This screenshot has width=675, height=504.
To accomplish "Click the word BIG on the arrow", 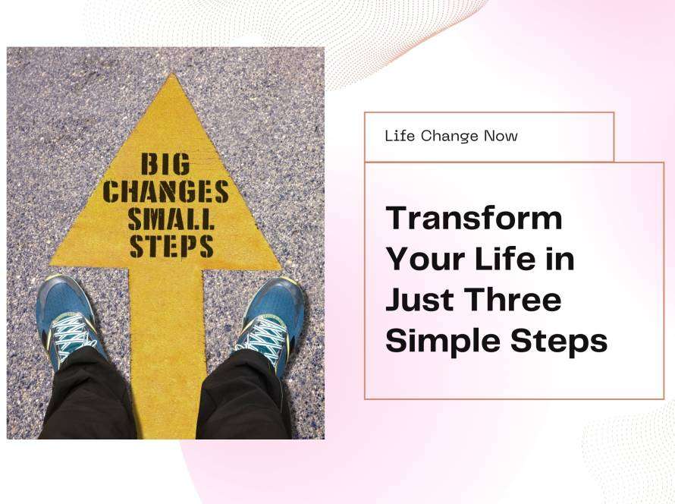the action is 165,164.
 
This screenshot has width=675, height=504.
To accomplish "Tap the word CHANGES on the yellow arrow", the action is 166,191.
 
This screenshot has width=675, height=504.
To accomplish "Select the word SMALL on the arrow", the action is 171,219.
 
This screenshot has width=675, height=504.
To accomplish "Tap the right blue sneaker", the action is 269,323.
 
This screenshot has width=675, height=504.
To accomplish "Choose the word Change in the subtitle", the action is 450,137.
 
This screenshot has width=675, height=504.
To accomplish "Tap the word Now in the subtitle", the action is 501,136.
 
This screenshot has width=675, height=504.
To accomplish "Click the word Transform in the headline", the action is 474,219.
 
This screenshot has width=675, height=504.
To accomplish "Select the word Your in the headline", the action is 431,260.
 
